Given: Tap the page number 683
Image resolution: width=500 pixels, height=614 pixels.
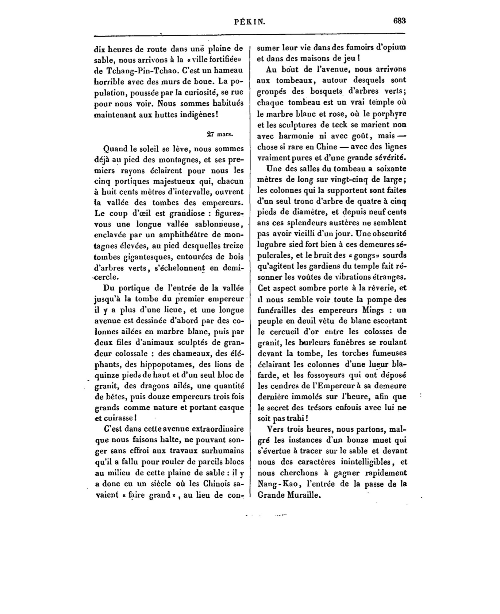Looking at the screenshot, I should coord(399,21).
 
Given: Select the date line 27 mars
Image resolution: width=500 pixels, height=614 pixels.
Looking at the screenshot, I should coord(220,134).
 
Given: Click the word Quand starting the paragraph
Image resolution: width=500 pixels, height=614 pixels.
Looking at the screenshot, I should coord(115,149).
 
